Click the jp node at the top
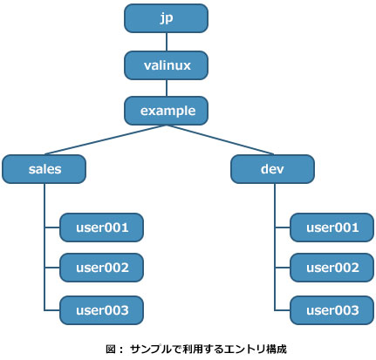click(166, 18)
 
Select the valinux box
click(166, 65)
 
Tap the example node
click(166, 111)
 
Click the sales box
click(44, 169)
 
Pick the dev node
click(272, 169)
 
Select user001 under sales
click(101, 228)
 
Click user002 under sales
click(101, 268)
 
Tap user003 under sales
click(101, 310)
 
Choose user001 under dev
click(332, 228)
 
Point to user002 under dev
click(332, 268)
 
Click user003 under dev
click(332, 310)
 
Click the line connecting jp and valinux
click(167, 42)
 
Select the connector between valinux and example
click(167, 88)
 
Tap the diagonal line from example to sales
click(106, 139)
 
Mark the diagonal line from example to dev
click(220, 139)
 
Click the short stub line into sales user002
click(52, 268)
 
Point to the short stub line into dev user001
click(283, 228)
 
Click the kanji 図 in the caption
click(111, 349)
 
